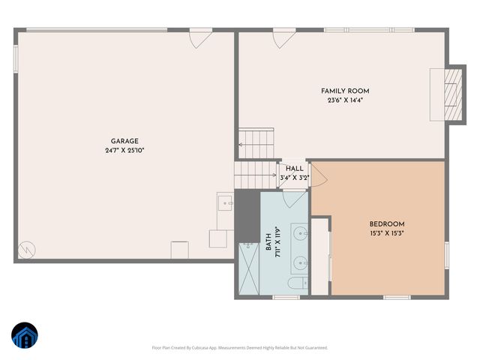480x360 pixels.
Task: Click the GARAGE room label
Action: pos(124,141)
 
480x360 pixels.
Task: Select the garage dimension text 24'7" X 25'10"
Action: pos(124,150)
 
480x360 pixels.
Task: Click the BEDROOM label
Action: pos(387,223)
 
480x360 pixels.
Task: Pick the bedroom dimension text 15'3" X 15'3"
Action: pos(387,232)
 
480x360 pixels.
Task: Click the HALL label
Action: pos(293,169)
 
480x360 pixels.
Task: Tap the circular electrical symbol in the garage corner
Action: pos(27,247)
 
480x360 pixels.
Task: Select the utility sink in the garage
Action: pos(224,202)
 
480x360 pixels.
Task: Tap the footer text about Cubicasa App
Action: pos(240,348)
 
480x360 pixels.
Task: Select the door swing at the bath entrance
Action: pos(294,197)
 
